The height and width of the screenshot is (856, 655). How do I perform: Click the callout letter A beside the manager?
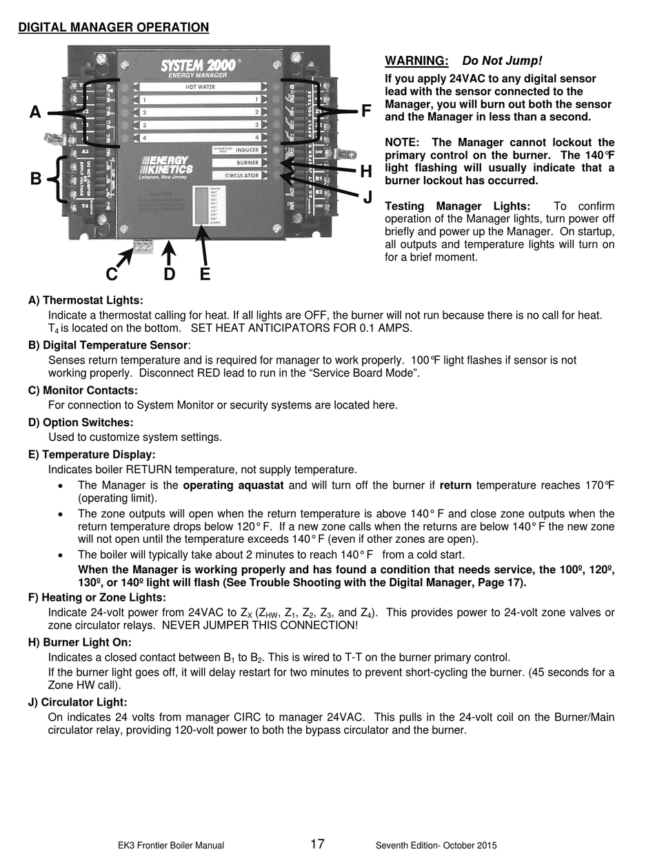coord(35,112)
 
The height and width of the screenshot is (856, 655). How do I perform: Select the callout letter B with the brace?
coord(35,179)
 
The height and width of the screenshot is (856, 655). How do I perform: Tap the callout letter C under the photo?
coord(112,275)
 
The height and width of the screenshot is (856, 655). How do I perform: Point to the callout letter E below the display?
coord(205,275)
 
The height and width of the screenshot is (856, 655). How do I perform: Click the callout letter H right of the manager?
coord(366,172)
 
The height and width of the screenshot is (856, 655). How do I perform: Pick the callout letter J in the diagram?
coord(367,198)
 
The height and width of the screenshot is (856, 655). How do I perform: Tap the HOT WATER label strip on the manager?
coord(199,88)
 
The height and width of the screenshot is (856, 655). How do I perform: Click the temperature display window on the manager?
coord(203,206)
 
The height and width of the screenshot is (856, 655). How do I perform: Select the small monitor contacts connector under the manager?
coord(143,246)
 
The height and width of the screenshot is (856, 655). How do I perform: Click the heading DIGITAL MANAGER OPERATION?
coord(113,28)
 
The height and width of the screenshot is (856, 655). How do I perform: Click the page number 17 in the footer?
coord(317,844)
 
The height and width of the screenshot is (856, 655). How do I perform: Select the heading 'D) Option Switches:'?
coord(81,422)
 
